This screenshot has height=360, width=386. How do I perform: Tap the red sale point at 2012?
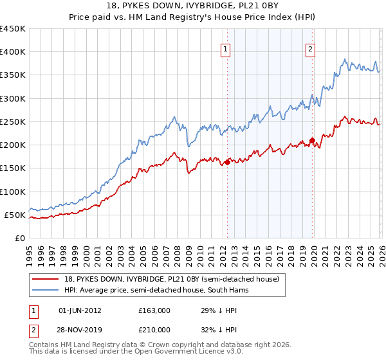(x=227, y=163)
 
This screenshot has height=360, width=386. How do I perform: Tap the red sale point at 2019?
(x=312, y=140)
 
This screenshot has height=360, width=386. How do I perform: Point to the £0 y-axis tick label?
(x=21, y=238)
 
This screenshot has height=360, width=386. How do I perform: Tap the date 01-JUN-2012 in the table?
(x=80, y=310)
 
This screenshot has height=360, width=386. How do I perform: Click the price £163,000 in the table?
(x=154, y=310)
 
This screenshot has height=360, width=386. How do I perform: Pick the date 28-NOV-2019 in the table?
(x=80, y=330)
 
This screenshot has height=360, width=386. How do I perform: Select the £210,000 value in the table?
(x=154, y=330)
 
